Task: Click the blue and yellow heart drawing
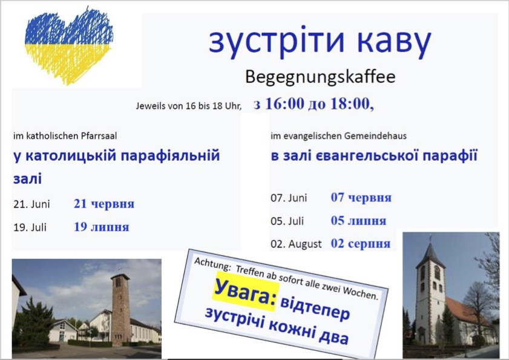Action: coord(69,45)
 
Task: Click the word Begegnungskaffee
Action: coord(320,77)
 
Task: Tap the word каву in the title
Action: coord(394,42)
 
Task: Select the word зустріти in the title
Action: coord(276,41)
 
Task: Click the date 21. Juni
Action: coord(31,204)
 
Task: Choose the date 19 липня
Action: coord(101,226)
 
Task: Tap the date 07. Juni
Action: coord(289,198)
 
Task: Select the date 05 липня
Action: coord(358,221)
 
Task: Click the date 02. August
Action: coord(296,244)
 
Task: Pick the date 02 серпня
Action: coord(360,243)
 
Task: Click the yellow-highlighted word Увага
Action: coord(245,292)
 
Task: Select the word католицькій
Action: coord(70,156)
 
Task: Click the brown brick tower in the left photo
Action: coord(120,309)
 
